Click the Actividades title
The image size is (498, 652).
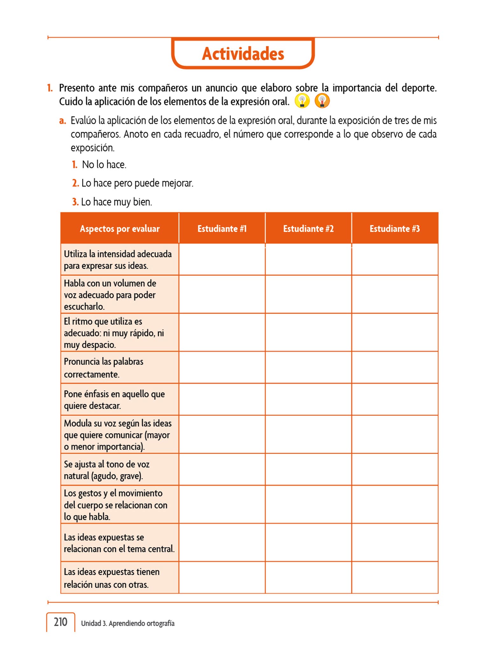[243, 53]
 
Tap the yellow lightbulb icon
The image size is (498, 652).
[302, 101]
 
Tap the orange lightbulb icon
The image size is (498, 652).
[322, 101]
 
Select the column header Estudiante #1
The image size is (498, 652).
[222, 229]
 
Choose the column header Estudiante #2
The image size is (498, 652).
[308, 229]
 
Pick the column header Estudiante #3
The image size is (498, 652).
[395, 229]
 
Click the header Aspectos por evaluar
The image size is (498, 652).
[120, 229]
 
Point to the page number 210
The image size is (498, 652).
[60, 622]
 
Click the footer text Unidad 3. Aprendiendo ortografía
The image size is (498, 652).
[128, 623]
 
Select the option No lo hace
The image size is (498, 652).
[104, 165]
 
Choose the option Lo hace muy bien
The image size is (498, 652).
[117, 202]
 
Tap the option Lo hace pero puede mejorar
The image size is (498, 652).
[137, 183]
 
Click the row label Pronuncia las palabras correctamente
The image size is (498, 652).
[103, 368]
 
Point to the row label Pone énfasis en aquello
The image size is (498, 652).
[114, 400]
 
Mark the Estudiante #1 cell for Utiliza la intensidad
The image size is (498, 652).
[222, 259]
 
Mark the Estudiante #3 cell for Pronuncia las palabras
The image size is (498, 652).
[395, 367]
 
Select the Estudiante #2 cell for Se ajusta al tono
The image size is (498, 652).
[308, 470]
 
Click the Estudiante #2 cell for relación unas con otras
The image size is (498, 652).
[308, 578]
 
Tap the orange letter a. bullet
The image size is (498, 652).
[63, 121]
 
